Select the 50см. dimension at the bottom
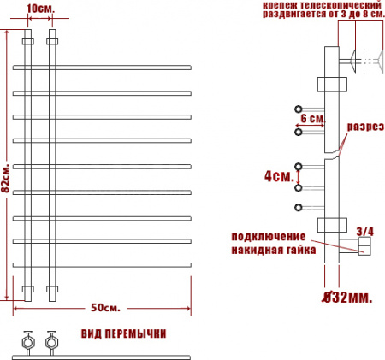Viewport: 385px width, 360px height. coord(103,306)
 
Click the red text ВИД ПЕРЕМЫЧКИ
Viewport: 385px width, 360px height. coord(123,333)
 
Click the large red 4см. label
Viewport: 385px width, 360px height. coord(277,176)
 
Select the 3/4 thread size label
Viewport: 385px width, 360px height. coord(364,231)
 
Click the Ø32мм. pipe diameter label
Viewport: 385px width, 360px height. coord(346,298)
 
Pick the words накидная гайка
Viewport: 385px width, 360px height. coord(272,250)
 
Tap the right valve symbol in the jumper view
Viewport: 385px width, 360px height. coord(51,341)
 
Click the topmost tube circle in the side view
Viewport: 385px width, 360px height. coord(299,109)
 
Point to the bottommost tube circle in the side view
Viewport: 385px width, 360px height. coord(299,208)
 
